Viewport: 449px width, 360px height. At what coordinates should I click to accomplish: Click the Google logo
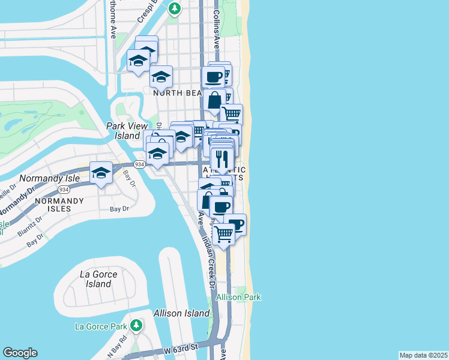tap(20, 353)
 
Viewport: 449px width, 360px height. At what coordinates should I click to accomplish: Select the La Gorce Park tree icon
tap(137, 326)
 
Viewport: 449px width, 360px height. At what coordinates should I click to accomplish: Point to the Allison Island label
tap(181, 313)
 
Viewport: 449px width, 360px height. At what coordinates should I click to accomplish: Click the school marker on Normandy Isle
tap(101, 173)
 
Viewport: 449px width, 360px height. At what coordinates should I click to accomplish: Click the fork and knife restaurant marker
tap(222, 158)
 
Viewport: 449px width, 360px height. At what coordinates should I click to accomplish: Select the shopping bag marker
tap(214, 100)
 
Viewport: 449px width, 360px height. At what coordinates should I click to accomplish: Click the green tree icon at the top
tap(174, 8)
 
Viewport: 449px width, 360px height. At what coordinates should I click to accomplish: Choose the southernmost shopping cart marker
tap(224, 234)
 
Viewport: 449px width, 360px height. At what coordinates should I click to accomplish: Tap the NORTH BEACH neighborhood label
tap(177, 93)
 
